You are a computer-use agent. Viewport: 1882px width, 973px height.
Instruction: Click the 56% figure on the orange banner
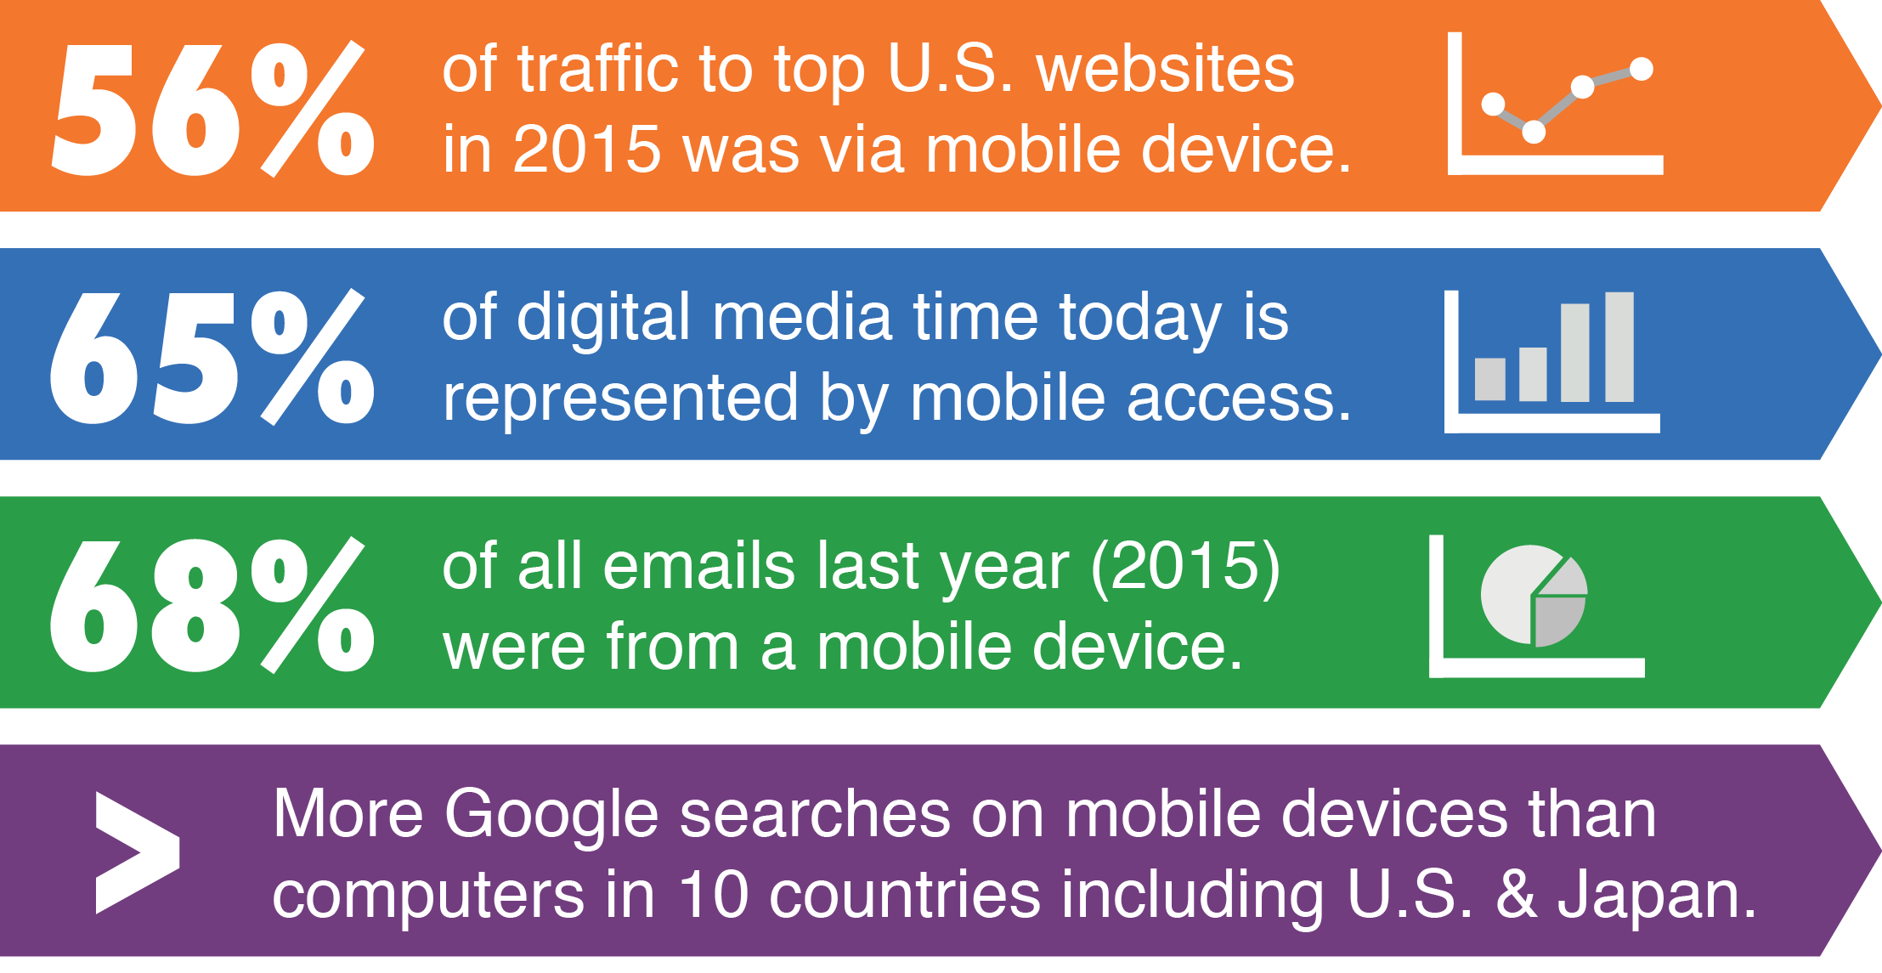tap(213, 109)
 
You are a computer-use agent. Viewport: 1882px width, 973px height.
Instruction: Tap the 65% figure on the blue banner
tap(212, 357)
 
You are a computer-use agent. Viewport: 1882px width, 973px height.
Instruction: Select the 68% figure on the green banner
tap(212, 605)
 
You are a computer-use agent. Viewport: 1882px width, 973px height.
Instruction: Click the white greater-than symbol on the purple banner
tap(138, 852)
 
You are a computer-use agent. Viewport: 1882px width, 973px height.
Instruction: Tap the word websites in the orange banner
tap(1166, 69)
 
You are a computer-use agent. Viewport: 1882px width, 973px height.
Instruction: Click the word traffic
tap(597, 69)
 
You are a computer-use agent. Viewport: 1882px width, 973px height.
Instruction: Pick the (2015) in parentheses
tap(1186, 567)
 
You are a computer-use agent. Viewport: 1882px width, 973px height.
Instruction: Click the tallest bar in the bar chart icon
tap(1619, 347)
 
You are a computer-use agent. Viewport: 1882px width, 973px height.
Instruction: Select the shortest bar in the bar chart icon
tap(1490, 379)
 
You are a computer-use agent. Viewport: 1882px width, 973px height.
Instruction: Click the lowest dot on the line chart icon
tap(1534, 132)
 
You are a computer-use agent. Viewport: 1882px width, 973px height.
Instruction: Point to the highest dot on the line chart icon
tap(1642, 69)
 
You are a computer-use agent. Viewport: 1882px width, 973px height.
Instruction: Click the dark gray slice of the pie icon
tap(1557, 620)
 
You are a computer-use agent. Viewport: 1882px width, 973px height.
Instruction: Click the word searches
tap(815, 815)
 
